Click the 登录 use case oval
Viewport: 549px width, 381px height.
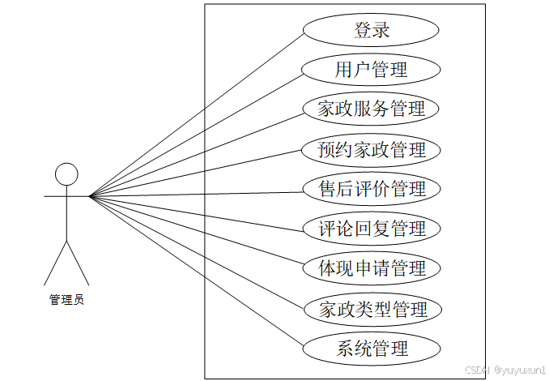pos(372,31)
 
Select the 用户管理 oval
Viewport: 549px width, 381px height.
pos(372,70)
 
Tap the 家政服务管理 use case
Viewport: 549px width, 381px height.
pos(372,109)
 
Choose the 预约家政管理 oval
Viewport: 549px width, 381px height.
pos(372,150)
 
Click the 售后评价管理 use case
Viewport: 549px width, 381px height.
pos(372,190)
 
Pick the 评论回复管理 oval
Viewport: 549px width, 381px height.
pos(372,229)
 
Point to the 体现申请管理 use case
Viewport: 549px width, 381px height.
pos(372,268)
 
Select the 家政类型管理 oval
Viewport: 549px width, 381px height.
pos(372,309)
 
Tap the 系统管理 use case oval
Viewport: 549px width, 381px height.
pos(372,349)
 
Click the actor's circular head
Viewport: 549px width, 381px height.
pos(66,173)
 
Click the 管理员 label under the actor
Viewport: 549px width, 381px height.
pos(66,300)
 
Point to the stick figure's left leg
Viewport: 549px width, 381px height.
pos(54,262)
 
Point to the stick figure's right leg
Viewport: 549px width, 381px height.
pos(78,262)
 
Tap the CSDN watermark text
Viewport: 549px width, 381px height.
pos(503,369)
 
